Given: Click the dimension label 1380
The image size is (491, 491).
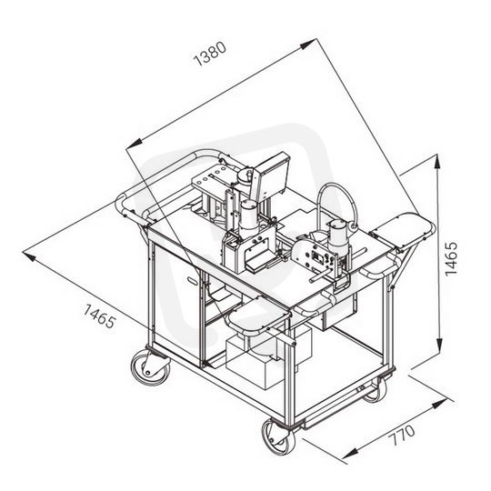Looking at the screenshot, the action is click(209, 54).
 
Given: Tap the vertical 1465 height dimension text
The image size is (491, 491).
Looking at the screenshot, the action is click(451, 258).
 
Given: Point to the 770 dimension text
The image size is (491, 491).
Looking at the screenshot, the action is click(403, 435).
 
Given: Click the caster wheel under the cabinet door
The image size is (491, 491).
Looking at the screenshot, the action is click(151, 367).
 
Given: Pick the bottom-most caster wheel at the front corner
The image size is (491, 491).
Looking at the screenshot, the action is click(279, 437).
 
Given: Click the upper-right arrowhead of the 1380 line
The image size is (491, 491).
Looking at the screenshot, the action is click(307, 45).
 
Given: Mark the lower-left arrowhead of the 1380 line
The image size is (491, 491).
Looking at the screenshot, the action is click(135, 144).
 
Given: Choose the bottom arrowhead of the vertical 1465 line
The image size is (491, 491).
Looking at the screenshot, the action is click(439, 346).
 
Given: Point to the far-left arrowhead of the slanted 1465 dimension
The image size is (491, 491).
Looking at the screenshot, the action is click(30, 256).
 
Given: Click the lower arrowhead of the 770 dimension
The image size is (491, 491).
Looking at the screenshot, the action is click(351, 454).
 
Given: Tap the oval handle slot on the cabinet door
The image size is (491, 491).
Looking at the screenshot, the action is click(193, 281).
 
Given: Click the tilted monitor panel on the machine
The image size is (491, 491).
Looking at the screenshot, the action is click(272, 177).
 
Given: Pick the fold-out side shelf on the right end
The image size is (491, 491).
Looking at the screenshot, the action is click(403, 230).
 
